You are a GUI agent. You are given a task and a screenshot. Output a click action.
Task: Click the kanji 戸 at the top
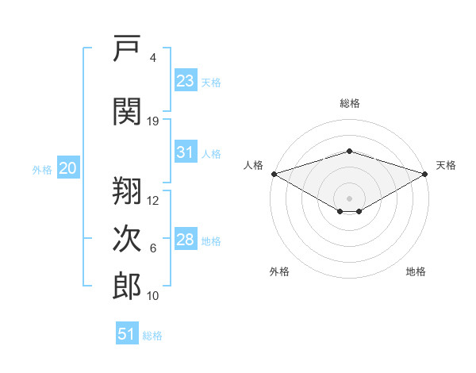click(127, 48)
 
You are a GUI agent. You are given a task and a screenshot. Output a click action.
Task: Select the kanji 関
click(127, 111)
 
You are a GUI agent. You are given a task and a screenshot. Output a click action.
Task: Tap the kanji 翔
click(127, 190)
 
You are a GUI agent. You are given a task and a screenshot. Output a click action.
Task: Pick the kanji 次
click(127, 238)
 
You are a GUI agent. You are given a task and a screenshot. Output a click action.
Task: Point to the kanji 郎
click(127, 286)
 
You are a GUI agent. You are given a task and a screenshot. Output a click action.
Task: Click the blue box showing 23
click(186, 80)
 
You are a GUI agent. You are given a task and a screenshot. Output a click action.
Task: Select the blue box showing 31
click(186, 152)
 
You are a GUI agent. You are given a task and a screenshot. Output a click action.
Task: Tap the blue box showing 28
click(186, 238)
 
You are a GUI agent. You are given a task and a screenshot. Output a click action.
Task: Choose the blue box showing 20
click(68, 167)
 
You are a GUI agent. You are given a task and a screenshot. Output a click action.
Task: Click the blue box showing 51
click(127, 333)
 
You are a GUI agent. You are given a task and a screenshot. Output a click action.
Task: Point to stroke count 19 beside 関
click(152, 121)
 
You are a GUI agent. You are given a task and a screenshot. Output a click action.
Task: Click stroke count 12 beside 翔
click(152, 201)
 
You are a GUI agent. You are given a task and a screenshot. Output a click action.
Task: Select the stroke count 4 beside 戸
click(153, 58)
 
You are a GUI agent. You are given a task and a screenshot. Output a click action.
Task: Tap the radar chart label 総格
click(350, 103)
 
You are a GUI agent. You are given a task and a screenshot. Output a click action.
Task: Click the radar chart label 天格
click(446, 165)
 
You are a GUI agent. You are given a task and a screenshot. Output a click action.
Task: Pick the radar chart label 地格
click(416, 271)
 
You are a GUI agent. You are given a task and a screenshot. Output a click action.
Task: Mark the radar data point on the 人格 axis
click(274, 174)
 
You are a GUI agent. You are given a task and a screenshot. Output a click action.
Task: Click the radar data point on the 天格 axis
click(425, 174)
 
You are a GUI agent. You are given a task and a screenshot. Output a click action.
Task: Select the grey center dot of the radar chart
click(349, 198)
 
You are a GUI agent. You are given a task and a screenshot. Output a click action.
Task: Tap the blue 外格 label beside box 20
click(42, 170)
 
